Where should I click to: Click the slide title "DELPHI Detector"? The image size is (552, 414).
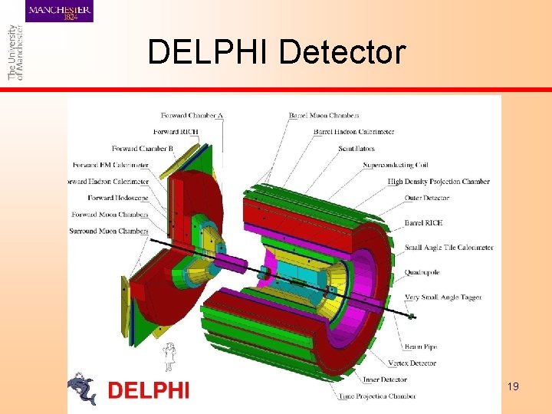click(276, 52)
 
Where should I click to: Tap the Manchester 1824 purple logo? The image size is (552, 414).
click(60, 11)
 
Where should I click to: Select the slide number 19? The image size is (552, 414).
click(513, 386)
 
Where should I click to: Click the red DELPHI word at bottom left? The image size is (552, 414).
click(148, 390)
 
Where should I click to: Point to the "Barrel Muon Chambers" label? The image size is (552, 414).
click(324, 116)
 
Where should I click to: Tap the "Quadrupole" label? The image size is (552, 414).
click(422, 272)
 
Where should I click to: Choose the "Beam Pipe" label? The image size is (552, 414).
click(420, 347)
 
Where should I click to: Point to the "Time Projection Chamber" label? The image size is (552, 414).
click(378, 396)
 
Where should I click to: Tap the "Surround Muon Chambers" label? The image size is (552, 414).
click(108, 231)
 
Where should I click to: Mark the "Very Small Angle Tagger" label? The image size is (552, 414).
click(443, 297)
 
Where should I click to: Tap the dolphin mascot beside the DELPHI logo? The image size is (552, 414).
click(81, 388)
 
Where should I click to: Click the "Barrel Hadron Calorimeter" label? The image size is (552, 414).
click(353, 132)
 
